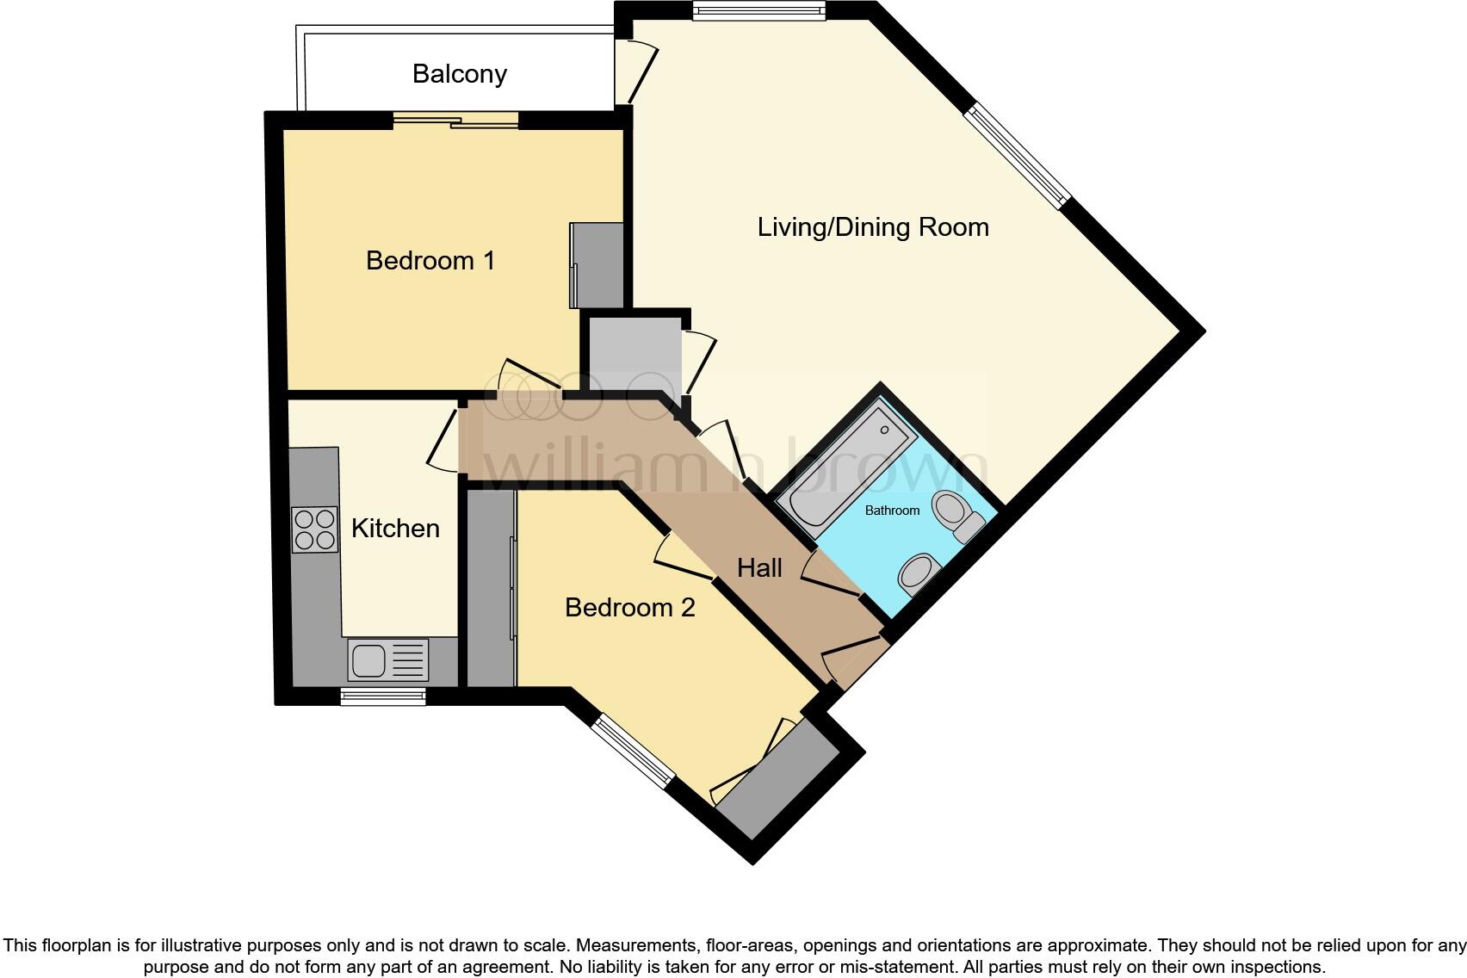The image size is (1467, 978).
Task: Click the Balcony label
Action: coord(459,74)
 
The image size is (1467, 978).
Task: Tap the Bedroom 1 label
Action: coord(430,260)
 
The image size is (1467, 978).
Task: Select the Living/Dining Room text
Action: coord(872,227)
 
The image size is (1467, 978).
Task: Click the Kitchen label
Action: coord(395,528)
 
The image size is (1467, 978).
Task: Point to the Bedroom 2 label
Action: coord(629,608)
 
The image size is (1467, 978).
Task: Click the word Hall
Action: coord(759,568)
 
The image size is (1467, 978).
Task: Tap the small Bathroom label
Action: coord(892,511)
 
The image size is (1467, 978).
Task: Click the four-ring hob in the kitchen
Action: coord(314,529)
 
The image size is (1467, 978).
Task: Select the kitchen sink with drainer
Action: coord(387,660)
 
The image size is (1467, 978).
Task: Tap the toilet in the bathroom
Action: coord(956,514)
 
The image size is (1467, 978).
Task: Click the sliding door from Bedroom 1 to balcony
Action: coord(456,121)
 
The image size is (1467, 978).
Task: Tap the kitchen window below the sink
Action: coord(383,696)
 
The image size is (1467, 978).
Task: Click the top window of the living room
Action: coord(758,10)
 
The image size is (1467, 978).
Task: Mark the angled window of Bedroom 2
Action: coord(634,751)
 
